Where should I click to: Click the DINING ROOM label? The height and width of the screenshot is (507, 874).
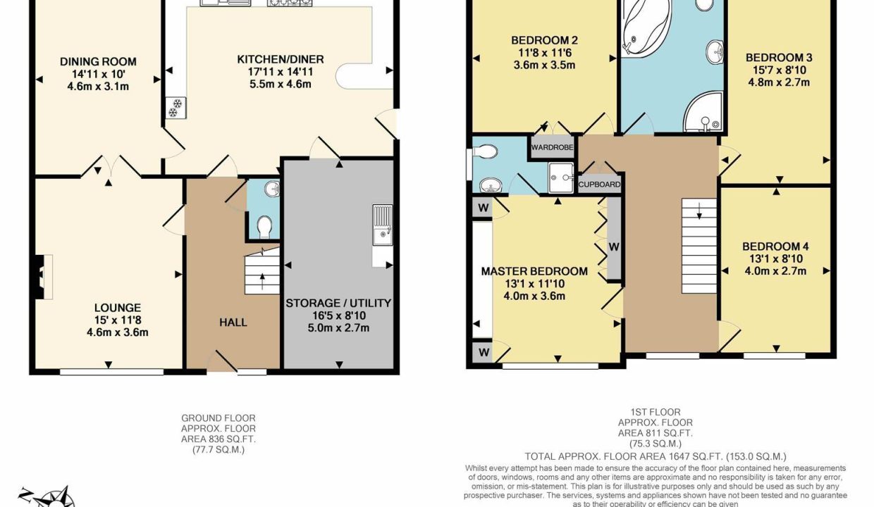click(98, 61)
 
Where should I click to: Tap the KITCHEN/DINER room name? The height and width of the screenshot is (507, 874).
click(273, 60)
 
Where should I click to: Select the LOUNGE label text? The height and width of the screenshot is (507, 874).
click(117, 308)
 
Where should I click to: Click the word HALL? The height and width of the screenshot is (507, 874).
click(233, 323)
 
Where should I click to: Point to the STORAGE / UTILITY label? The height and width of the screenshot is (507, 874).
click(338, 303)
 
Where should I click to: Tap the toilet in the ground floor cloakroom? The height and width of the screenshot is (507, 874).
click(264, 226)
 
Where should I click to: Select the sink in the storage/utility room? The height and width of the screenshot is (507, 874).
click(383, 225)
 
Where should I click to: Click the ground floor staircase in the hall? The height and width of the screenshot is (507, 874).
click(262, 275)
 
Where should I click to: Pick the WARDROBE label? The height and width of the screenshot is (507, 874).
click(552, 148)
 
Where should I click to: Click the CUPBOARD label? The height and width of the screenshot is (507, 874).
click(600, 185)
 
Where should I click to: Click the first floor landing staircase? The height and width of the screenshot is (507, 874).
click(699, 245)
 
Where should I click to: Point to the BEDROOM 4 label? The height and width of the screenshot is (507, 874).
click(775, 246)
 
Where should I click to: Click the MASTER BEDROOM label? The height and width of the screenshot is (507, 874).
click(534, 271)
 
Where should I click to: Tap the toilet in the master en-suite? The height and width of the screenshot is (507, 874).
click(486, 151)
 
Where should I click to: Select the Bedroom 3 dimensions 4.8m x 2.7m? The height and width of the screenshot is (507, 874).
click(778, 82)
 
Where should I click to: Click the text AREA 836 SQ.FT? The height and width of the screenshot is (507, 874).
click(218, 439)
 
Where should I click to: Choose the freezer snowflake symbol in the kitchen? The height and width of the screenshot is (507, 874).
click(173, 106)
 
